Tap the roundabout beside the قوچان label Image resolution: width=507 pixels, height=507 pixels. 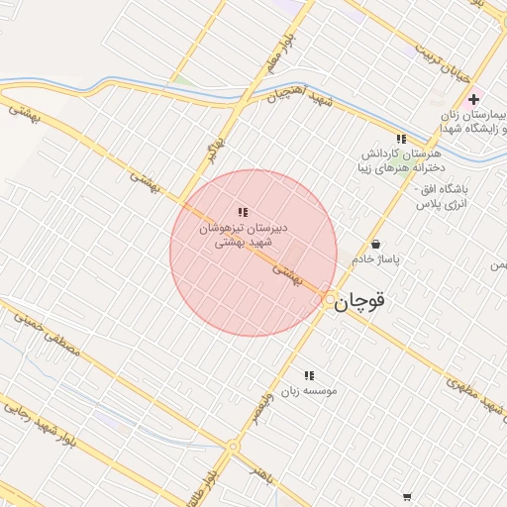(x=329, y=297)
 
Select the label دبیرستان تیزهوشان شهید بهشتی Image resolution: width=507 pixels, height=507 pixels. (x=244, y=235)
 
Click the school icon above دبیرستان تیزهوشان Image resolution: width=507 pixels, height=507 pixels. (x=243, y=212)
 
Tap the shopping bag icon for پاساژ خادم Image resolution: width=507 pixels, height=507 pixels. (x=374, y=244)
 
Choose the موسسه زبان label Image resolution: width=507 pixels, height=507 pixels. (x=308, y=391)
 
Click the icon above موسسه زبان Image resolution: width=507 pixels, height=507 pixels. (x=308, y=375)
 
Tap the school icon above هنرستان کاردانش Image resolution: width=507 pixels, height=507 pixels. (x=400, y=140)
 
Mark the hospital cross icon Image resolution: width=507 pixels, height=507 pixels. (x=474, y=99)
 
